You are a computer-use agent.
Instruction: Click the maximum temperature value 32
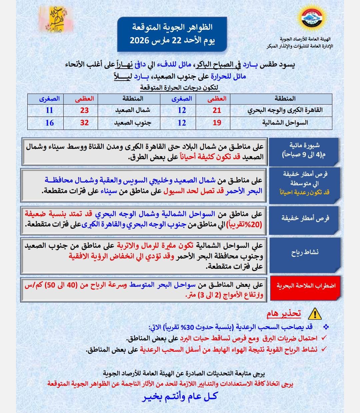[84, 123]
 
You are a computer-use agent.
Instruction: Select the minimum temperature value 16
[49, 123]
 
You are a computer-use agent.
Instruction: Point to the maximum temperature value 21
[217, 110]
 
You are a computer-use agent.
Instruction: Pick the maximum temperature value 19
[217, 123]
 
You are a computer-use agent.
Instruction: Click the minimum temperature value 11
[49, 110]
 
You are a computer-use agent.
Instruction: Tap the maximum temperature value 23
[84, 110]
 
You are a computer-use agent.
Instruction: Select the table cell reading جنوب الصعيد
[133, 123]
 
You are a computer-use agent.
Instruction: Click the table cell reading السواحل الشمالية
[285, 123]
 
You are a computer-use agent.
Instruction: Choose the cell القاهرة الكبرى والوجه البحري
[285, 110]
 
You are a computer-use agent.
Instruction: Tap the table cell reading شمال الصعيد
[133, 110]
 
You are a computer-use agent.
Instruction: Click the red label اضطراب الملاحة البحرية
[306, 286]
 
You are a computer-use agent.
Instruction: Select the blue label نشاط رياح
[305, 252]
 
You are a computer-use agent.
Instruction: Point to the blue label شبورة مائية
[305, 150]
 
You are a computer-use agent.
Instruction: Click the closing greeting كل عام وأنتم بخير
[180, 397]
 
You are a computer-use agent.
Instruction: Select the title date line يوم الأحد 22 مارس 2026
[172, 41]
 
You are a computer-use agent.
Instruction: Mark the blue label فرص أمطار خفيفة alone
[305, 218]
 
